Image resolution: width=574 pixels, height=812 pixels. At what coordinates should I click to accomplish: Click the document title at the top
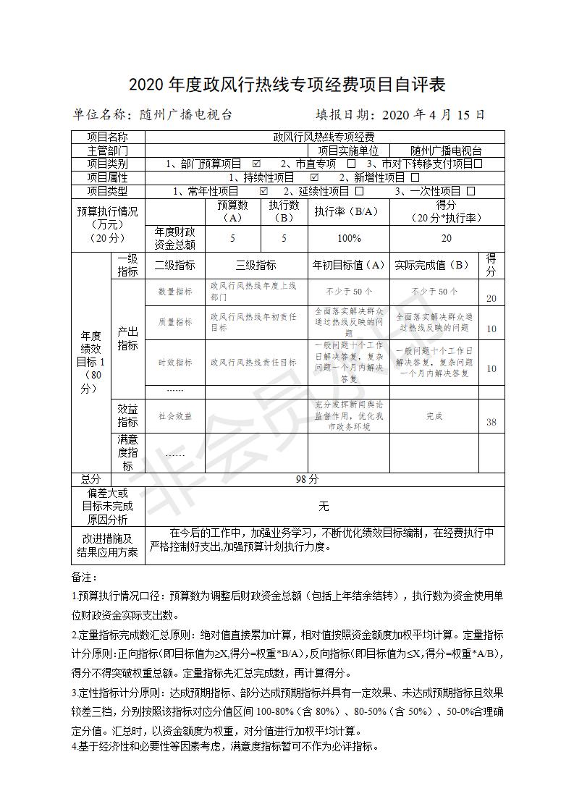pyautogui.click(x=287, y=85)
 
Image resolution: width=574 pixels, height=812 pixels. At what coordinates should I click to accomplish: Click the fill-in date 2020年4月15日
pyautogui.click(x=432, y=114)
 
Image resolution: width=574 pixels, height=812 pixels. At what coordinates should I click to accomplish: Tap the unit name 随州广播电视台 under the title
pyautogui.click(x=187, y=114)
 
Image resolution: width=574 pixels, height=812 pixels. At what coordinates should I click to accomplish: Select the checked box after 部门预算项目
pyautogui.click(x=257, y=164)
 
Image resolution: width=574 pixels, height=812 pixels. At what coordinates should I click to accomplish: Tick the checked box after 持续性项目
pyautogui.click(x=314, y=177)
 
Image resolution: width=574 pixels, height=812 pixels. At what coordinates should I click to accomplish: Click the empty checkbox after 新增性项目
pyautogui.click(x=415, y=177)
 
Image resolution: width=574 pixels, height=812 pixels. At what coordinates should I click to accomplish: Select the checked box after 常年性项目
pyautogui.click(x=263, y=191)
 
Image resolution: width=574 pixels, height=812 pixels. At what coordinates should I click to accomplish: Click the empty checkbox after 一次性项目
pyautogui.click(x=470, y=191)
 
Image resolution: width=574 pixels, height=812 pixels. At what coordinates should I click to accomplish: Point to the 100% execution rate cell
pyautogui.click(x=349, y=238)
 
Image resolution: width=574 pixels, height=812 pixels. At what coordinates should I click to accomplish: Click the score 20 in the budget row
pyautogui.click(x=446, y=238)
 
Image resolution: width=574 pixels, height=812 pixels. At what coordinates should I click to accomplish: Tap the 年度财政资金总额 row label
pyautogui.click(x=174, y=238)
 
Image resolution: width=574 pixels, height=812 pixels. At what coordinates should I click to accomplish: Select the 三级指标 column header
pyautogui.click(x=256, y=265)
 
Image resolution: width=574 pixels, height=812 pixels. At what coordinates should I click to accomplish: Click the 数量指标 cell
pyautogui.click(x=175, y=291)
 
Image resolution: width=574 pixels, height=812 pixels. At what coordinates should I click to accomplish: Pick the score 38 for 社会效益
pyautogui.click(x=491, y=422)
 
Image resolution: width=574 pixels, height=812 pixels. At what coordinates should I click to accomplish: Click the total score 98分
pyautogui.click(x=307, y=479)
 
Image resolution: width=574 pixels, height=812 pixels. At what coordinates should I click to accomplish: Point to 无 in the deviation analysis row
pyautogui.click(x=324, y=506)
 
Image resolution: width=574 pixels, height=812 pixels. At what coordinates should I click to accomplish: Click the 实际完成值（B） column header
pyautogui.click(x=431, y=265)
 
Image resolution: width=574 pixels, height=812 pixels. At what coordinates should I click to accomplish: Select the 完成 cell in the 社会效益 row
pyautogui.click(x=434, y=416)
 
